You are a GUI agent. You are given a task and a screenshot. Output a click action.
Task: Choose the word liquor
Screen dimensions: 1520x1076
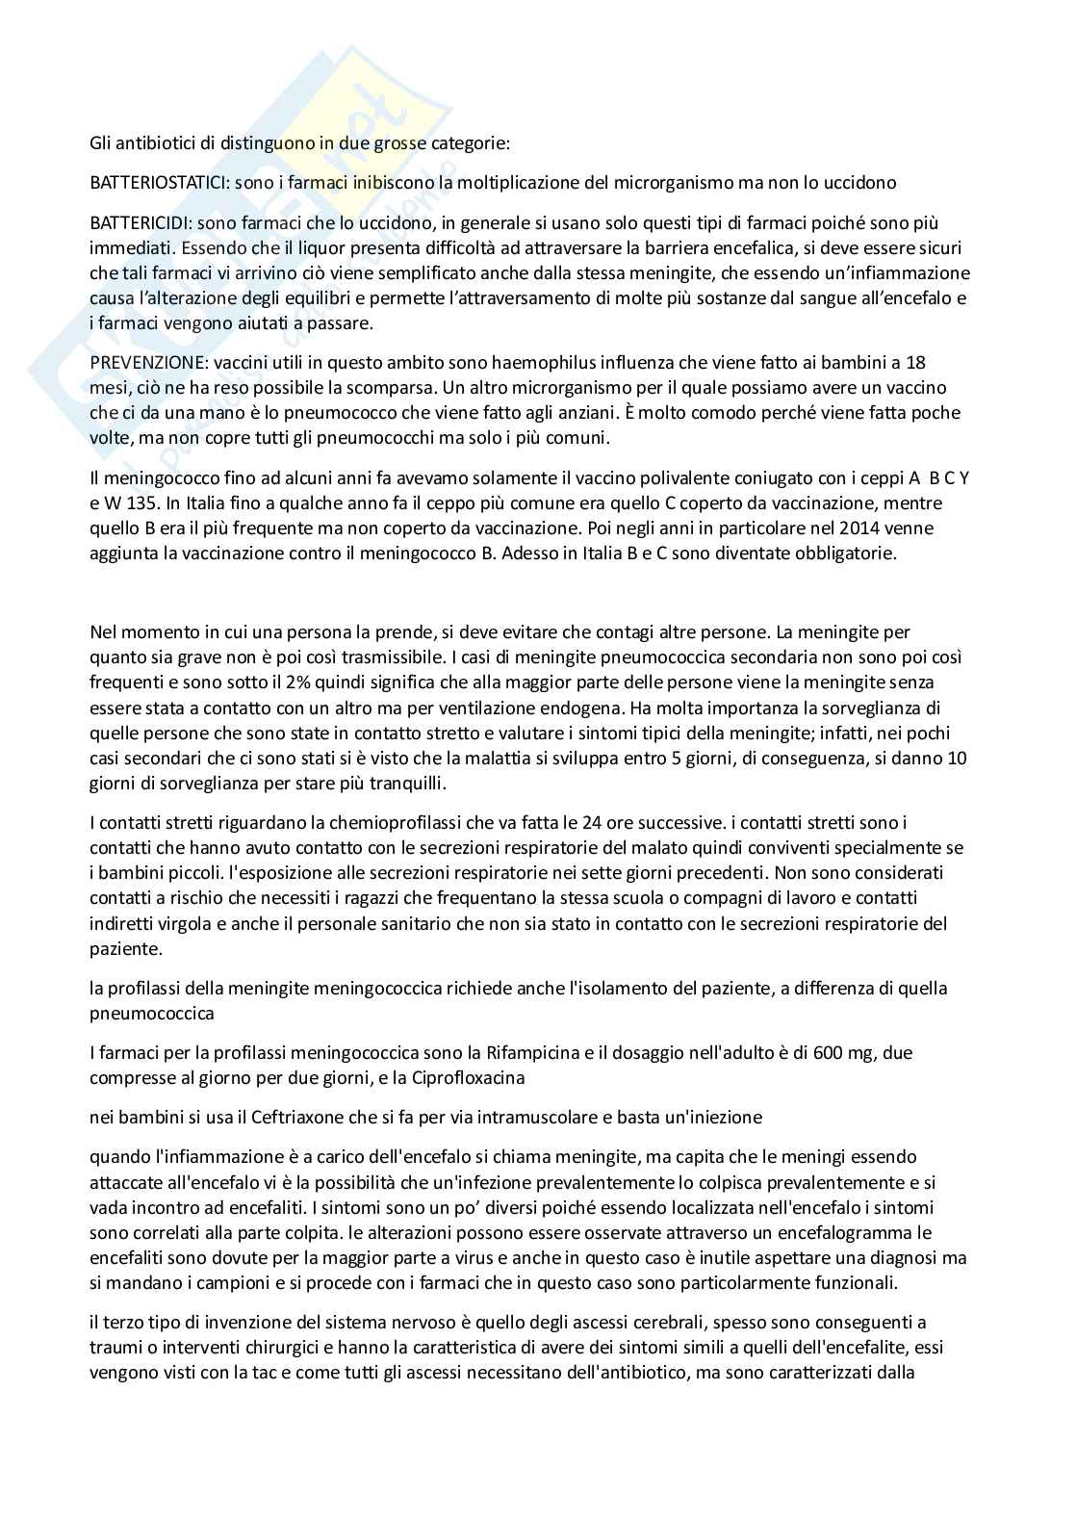click(296, 248)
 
